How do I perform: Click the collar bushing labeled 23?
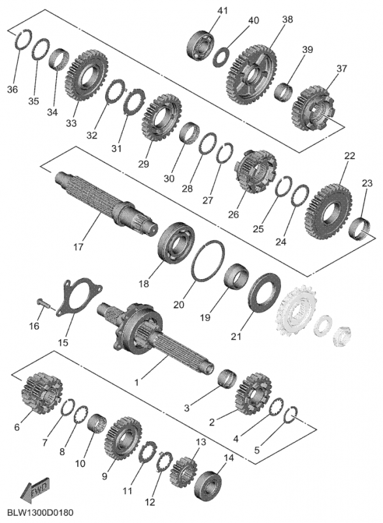point(363,229)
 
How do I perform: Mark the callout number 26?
point(235,214)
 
